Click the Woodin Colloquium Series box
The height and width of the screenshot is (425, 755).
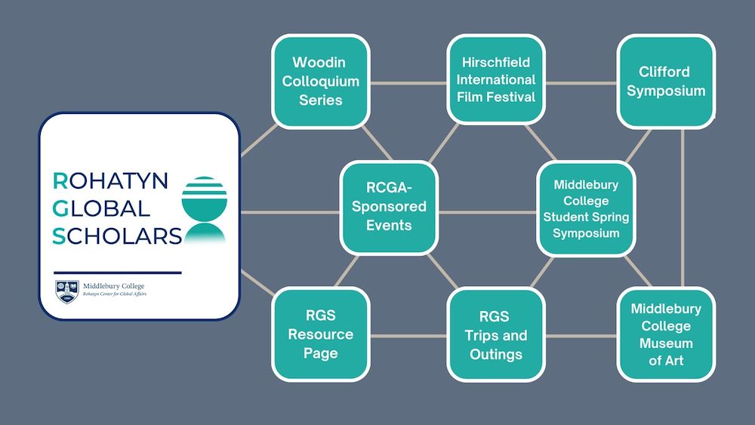click(x=321, y=81)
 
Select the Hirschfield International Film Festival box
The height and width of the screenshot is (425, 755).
click(x=496, y=79)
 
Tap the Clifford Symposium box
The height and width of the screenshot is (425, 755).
click(x=666, y=82)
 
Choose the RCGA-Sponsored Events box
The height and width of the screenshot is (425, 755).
click(x=389, y=207)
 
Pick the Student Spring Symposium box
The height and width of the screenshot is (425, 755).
click(x=586, y=208)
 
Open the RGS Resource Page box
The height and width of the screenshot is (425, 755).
click(x=321, y=334)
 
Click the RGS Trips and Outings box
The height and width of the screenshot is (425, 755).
click(x=495, y=334)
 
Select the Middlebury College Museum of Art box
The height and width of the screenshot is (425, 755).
click(x=666, y=334)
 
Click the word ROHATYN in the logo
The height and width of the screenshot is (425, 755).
click(x=111, y=180)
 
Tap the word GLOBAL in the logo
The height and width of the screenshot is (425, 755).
click(x=101, y=208)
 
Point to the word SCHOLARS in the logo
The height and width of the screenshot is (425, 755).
click(x=117, y=236)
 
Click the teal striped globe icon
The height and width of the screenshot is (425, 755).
click(x=204, y=208)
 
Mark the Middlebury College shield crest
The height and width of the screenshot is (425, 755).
click(x=67, y=290)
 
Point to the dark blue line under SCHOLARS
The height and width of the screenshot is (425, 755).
click(x=118, y=272)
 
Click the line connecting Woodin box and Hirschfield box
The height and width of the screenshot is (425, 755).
click(x=408, y=82)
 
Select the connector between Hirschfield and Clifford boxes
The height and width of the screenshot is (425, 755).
click(x=581, y=82)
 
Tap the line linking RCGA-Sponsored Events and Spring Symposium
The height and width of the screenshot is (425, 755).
click(x=487, y=212)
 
